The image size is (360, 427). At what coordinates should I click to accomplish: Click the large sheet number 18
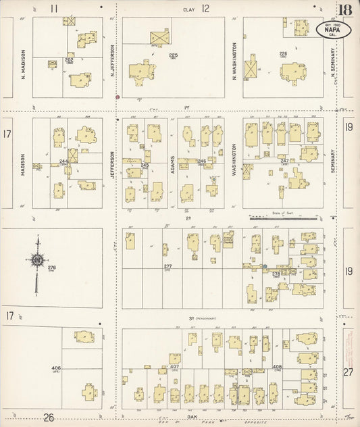pyautogui.click(x=345, y=11)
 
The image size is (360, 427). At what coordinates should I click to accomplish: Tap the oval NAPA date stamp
pyautogui.click(x=328, y=30)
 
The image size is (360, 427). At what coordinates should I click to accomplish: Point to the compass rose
pyautogui.click(x=38, y=260)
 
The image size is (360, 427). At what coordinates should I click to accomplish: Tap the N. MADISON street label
pyautogui.click(x=23, y=63)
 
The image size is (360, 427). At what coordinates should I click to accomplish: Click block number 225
pyautogui.click(x=173, y=54)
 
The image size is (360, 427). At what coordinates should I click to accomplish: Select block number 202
pyautogui.click(x=68, y=59)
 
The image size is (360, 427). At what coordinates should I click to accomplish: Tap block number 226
pyautogui.click(x=283, y=53)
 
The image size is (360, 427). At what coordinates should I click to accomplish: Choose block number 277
pyautogui.click(x=168, y=266)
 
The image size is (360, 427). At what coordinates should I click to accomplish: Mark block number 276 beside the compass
pyautogui.click(x=52, y=268)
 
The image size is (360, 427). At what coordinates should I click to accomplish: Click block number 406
pyautogui.click(x=56, y=368)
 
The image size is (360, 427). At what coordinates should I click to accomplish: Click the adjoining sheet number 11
pyautogui.click(x=53, y=8)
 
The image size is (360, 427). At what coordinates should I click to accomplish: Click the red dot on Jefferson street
pyautogui.click(x=118, y=97)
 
